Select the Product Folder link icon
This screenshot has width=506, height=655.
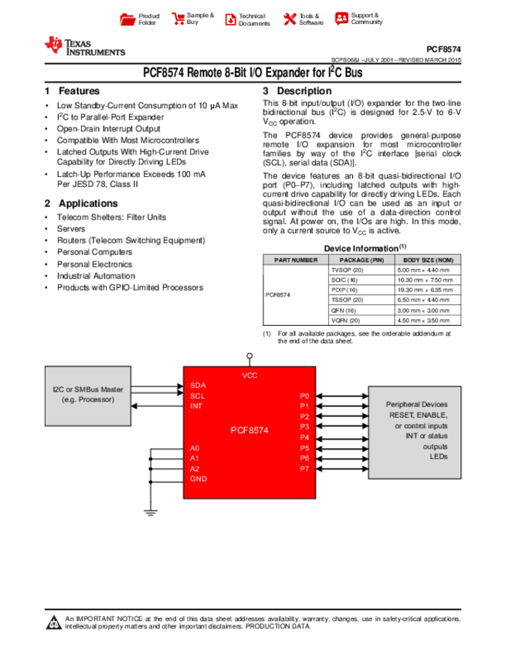click(x=128, y=19)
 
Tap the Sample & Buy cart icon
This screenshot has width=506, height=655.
click(x=178, y=19)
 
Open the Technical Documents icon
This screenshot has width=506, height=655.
click(x=229, y=19)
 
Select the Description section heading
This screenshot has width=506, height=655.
click(x=304, y=91)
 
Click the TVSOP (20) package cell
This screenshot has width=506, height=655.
click(x=347, y=270)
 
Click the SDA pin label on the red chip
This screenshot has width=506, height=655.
click(x=198, y=385)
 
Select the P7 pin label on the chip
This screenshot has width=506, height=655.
click(x=304, y=469)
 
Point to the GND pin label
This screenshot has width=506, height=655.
click(x=199, y=480)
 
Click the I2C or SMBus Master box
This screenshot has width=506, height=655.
click(x=88, y=394)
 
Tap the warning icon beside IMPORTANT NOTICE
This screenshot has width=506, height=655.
click(x=54, y=623)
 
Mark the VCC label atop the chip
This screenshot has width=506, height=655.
click(x=250, y=375)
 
